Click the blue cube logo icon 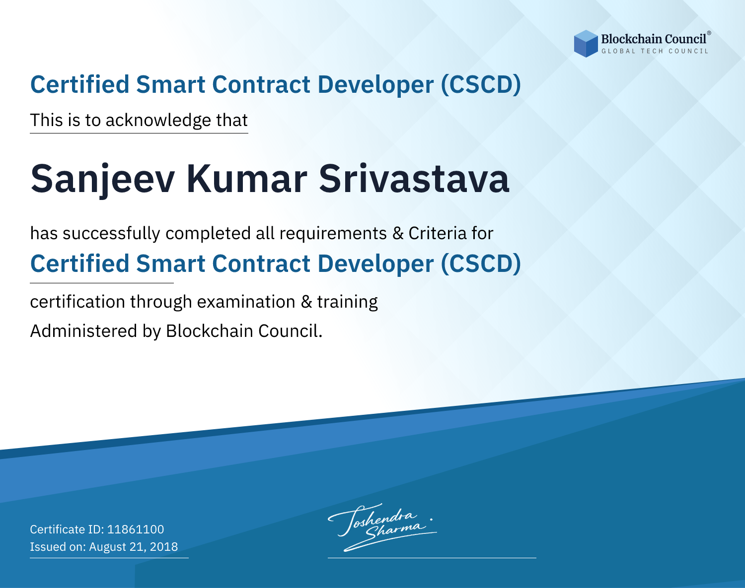[x=586, y=44]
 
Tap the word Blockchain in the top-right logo [x=631, y=39]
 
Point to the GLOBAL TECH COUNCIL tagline [x=655, y=51]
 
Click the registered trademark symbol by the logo [x=709, y=33]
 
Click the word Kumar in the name [x=247, y=179]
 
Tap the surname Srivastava [x=414, y=179]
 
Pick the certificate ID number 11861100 [x=136, y=529]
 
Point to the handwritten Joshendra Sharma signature [x=382, y=527]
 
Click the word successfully [x=111, y=234]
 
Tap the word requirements [x=333, y=234]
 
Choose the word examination [x=246, y=302]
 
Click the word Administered [x=84, y=330]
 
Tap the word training [x=348, y=302]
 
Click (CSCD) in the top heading [x=481, y=84]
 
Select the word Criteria [x=438, y=234]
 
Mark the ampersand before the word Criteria [x=398, y=234]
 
